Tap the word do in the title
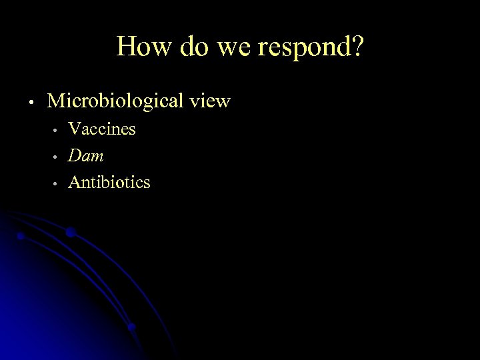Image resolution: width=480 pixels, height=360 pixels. point(186,47)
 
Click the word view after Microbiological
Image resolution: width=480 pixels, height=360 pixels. point(209,101)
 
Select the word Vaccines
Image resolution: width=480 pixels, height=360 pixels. point(103,129)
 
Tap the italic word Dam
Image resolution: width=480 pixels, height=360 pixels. point(87,155)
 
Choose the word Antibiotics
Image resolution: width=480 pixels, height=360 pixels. point(110,181)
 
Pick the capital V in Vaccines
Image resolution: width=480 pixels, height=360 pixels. point(75,129)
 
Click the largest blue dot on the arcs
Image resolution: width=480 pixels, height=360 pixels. point(70,232)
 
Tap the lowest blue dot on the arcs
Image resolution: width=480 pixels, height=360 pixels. point(131,327)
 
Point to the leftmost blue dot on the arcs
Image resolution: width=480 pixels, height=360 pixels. point(21,235)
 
